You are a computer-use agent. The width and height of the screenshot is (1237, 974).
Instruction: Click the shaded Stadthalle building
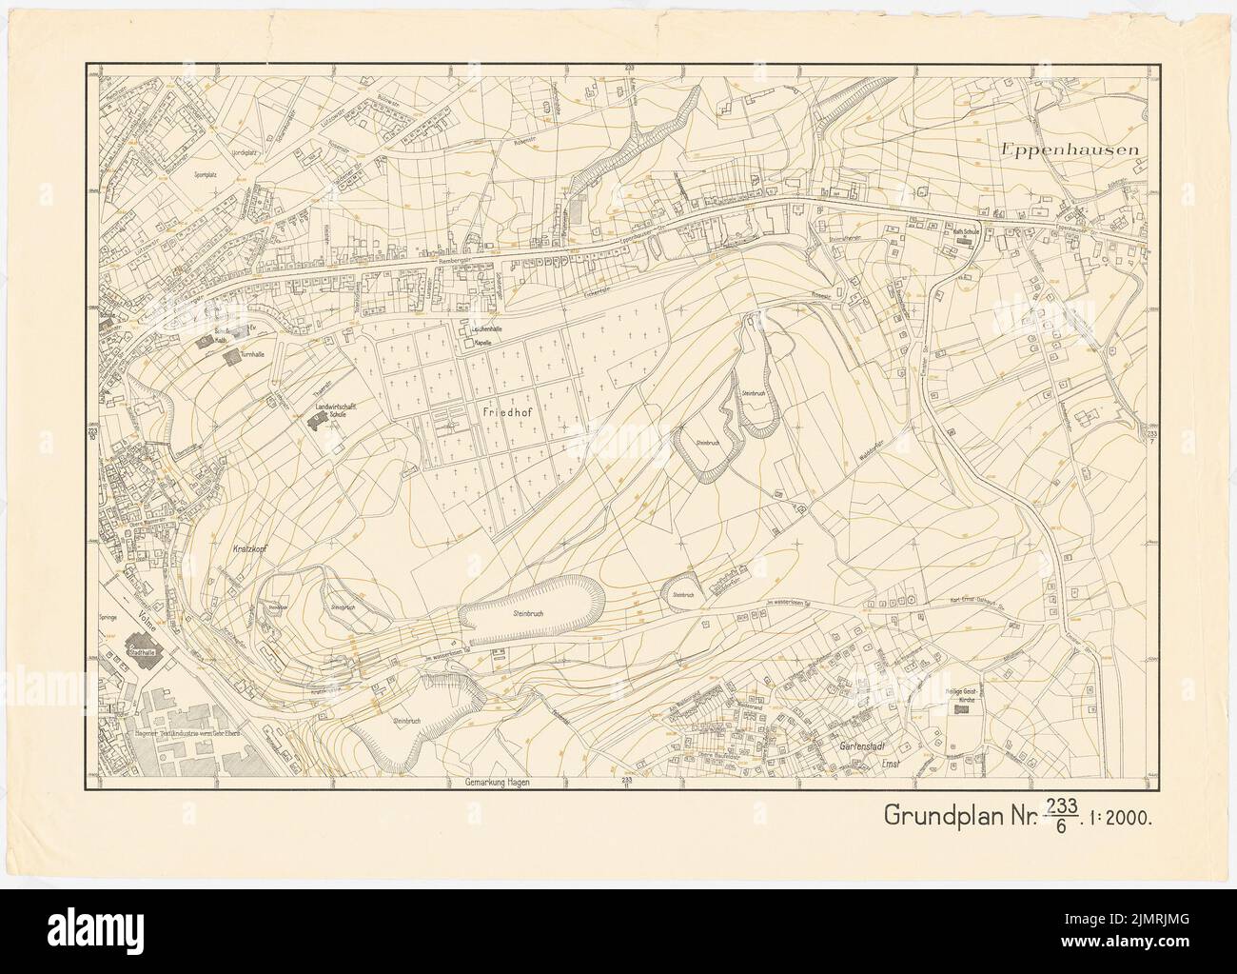(143, 658)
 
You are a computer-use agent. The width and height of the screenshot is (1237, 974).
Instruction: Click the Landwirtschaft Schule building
(314, 427)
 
